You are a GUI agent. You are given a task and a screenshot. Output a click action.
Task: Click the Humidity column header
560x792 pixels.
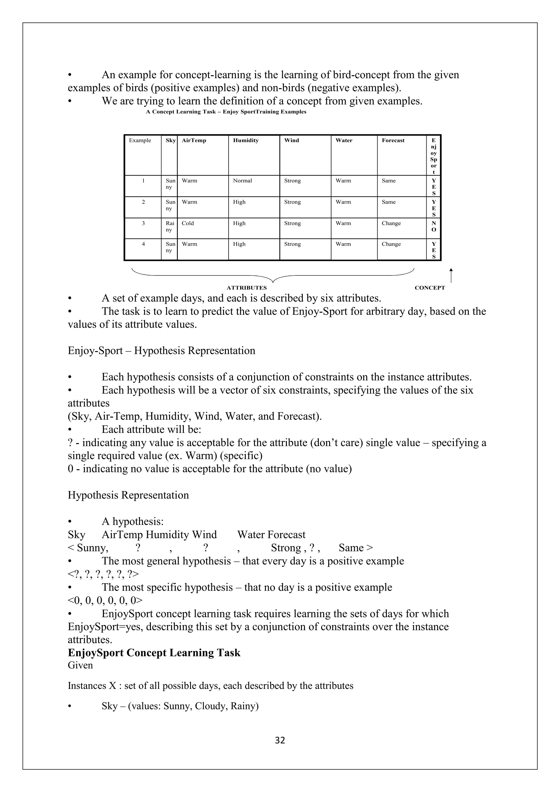click(246, 140)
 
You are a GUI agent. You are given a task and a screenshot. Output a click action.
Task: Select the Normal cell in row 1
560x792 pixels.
click(243, 181)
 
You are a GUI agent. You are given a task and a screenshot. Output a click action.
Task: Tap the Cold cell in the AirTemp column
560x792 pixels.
click(188, 223)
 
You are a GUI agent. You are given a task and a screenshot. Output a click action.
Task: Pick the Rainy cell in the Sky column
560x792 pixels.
click(169, 227)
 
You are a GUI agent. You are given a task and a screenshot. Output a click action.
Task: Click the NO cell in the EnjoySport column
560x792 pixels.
click(433, 227)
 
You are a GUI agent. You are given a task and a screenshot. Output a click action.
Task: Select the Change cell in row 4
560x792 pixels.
click(391, 244)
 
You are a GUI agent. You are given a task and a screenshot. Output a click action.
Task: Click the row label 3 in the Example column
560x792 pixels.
click(143, 223)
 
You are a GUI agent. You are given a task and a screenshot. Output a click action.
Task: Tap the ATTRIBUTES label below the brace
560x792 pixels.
click(247, 288)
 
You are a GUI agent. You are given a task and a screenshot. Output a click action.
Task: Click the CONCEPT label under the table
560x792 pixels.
click(430, 288)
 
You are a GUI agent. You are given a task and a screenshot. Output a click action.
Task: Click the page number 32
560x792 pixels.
click(280, 740)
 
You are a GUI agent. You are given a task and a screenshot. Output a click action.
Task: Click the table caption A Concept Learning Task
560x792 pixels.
click(226, 112)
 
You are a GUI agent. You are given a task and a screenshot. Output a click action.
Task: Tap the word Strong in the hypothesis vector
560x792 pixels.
click(286, 548)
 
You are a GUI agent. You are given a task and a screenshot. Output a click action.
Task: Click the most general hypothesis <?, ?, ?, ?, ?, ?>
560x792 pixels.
click(103, 574)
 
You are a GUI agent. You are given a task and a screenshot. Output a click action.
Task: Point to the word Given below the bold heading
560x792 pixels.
click(80, 665)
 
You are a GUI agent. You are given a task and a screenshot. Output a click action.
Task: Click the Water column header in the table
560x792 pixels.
click(344, 140)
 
